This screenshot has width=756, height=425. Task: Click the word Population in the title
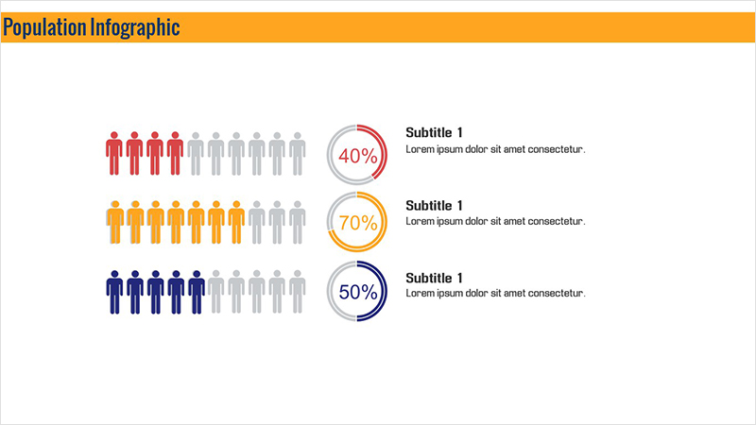[44, 28]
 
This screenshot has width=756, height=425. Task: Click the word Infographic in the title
[135, 28]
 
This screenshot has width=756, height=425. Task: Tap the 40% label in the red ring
[358, 156]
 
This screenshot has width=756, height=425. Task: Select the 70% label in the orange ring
[358, 223]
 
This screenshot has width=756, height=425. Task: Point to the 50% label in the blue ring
[358, 292]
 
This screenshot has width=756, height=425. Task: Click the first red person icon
[114, 153]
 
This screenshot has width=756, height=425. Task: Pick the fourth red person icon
[175, 153]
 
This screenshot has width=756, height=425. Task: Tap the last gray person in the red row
[298, 154]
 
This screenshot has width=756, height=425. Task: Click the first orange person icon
[114, 222]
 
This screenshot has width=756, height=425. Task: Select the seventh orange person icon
[236, 222]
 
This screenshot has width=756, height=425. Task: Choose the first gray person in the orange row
[256, 222]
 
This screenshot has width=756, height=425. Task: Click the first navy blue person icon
[114, 292]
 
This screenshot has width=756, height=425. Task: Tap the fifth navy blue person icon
[197, 292]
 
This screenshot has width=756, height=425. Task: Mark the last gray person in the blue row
[298, 292]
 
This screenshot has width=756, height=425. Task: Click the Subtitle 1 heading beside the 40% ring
[434, 132]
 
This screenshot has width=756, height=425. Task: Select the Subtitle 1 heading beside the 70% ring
[434, 205]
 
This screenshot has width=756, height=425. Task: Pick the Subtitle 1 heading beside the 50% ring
[434, 278]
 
